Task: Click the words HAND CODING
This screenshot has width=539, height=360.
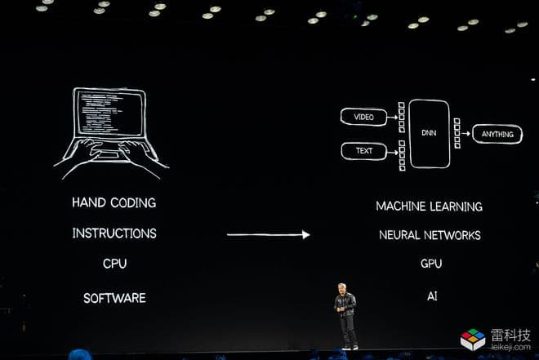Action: coord(114,202)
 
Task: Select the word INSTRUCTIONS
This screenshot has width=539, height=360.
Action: coord(114,233)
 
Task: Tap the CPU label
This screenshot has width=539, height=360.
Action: coord(115,264)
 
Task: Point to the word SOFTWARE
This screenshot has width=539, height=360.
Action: coord(114,298)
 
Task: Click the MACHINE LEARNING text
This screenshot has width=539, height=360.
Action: coord(429,206)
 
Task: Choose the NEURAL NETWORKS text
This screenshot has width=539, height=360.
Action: coord(430,235)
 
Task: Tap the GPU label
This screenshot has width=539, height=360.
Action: coord(431,264)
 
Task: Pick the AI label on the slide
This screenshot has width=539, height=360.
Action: coord(432,296)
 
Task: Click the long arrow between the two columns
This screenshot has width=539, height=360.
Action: coord(269,234)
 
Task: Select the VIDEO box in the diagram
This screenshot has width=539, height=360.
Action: coord(363,117)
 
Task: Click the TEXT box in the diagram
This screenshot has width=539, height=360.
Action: coord(364,151)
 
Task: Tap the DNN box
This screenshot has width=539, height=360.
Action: coord(430,133)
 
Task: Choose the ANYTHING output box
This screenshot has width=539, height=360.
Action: coord(497,134)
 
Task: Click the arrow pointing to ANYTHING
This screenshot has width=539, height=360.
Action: coord(465,133)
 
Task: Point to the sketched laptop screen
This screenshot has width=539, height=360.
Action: coord(109,113)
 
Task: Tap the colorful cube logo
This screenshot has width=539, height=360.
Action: coord(473,340)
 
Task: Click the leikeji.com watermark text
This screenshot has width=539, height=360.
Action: coord(510,347)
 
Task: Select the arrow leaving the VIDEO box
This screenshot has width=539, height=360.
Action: coord(393,118)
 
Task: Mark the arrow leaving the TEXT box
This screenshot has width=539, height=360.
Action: coord(393,152)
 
